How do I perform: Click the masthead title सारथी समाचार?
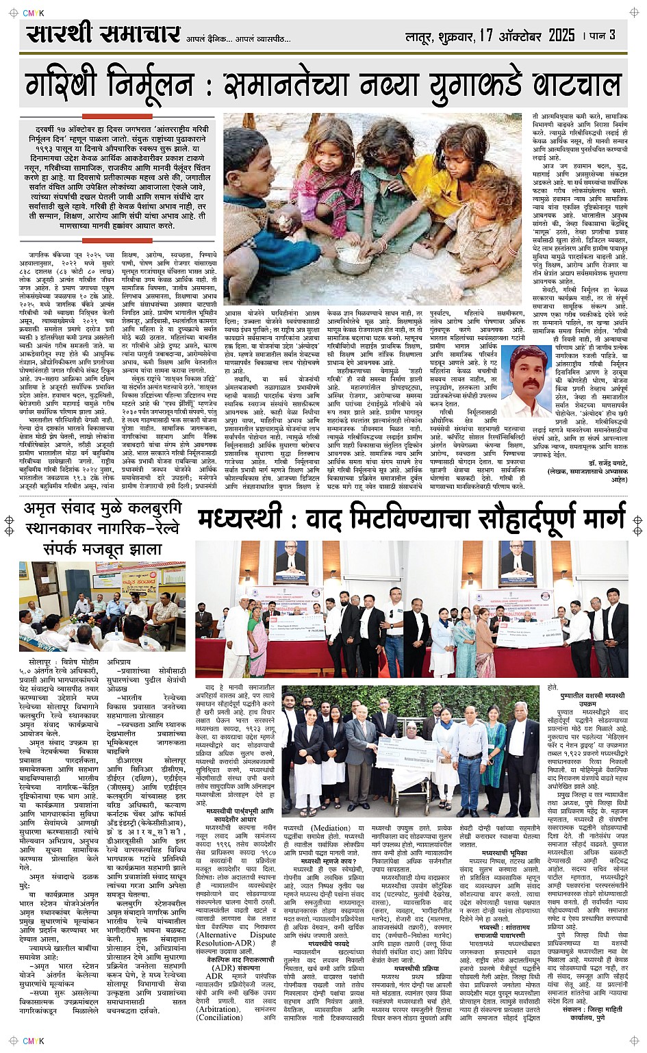click(x=103, y=34)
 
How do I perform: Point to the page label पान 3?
click(x=602, y=35)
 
